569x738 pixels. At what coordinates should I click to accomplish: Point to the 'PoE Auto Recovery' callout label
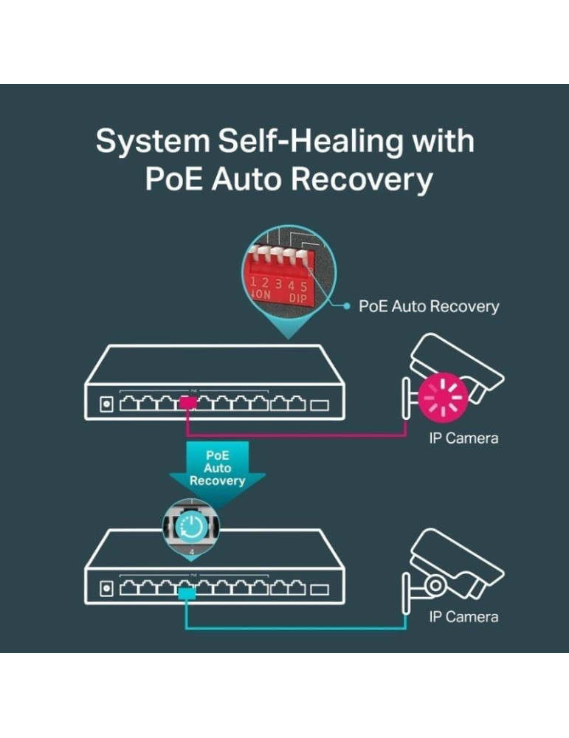click(x=428, y=306)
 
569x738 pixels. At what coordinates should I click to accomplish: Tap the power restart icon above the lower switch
click(x=191, y=526)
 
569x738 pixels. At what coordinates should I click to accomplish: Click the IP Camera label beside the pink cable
click(x=463, y=438)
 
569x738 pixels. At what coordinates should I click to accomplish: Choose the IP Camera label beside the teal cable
click(x=463, y=617)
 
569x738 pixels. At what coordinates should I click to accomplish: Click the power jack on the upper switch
click(x=106, y=404)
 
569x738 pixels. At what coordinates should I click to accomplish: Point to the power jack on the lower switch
click(x=106, y=589)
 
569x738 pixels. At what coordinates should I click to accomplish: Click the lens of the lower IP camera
click(x=435, y=585)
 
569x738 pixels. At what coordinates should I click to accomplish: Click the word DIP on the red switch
click(x=297, y=297)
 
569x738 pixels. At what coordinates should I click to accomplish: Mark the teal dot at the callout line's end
click(x=346, y=305)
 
